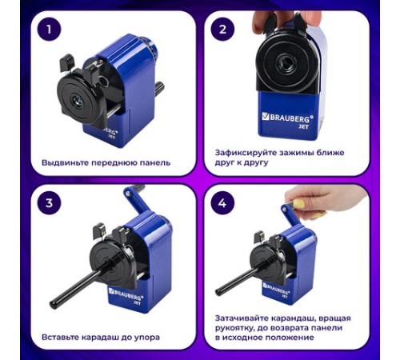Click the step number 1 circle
click(x=49, y=30)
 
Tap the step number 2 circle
click(x=222, y=30)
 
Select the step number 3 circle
click(x=49, y=203)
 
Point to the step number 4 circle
click(x=222, y=203)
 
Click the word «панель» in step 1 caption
click(x=155, y=162)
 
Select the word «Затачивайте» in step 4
click(x=242, y=318)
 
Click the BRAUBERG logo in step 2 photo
click(x=288, y=118)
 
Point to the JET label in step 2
click(x=304, y=126)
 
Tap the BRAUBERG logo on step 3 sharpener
click(x=126, y=294)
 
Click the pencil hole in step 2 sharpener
click(x=286, y=64)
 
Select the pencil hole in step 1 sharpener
click(x=78, y=101)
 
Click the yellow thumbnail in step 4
click(x=299, y=204)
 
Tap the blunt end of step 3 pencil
click(x=54, y=305)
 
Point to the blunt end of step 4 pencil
click(x=219, y=292)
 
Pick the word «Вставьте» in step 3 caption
click(x=60, y=338)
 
